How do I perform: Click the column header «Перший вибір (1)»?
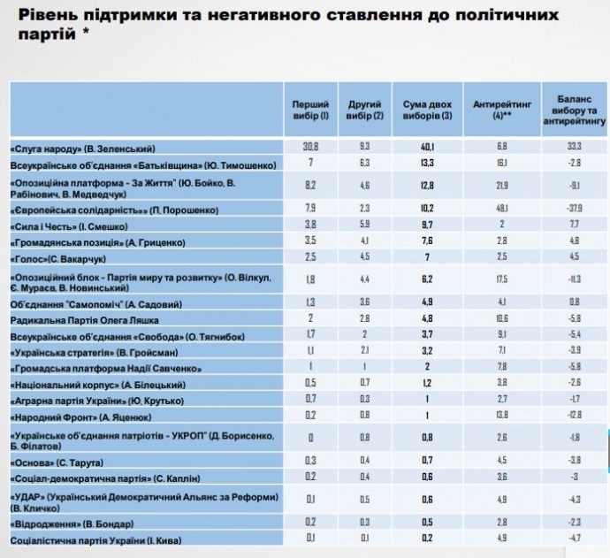pyautogui.click(x=310, y=110)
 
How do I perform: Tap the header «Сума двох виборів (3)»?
pyautogui.click(x=427, y=110)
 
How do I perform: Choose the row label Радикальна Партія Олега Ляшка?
pyautogui.click(x=78, y=319)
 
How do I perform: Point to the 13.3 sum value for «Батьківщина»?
pyautogui.click(x=427, y=164)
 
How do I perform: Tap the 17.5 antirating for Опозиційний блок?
pyautogui.click(x=503, y=279)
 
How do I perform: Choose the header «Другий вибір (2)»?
pyautogui.click(x=365, y=110)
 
